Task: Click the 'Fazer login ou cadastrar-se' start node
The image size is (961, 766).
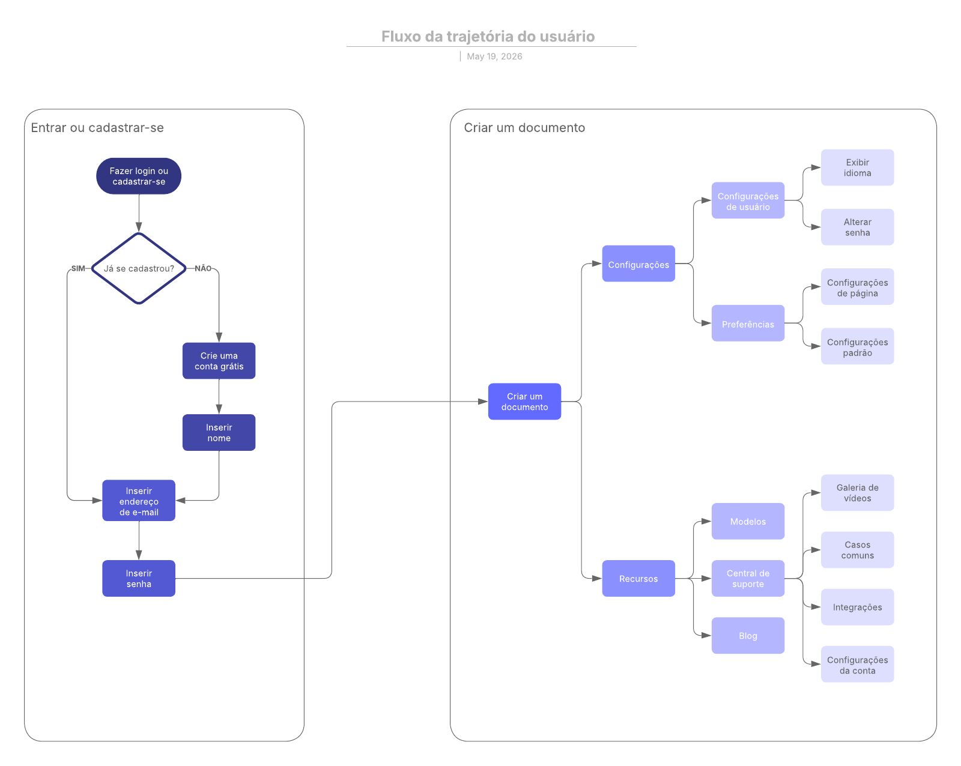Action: click(x=138, y=176)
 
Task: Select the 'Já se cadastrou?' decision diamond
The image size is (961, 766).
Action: click(x=138, y=268)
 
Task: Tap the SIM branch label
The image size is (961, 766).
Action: click(x=78, y=268)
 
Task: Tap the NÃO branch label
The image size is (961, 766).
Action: click(x=203, y=268)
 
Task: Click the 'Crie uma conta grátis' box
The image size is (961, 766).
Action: click(x=219, y=361)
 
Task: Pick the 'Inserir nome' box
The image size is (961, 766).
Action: click(x=219, y=432)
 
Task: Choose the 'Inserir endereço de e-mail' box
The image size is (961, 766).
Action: click(x=138, y=501)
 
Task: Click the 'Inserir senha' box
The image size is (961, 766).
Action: click(x=138, y=578)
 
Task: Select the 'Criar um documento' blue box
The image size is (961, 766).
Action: click(x=524, y=401)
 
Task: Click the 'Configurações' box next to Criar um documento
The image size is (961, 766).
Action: click(x=638, y=264)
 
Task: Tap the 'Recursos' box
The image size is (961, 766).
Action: click(x=638, y=578)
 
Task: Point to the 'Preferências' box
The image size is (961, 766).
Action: click(x=748, y=323)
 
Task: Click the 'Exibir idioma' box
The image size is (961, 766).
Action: click(x=857, y=167)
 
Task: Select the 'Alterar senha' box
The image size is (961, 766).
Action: click(x=857, y=227)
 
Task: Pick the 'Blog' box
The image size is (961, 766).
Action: click(x=748, y=635)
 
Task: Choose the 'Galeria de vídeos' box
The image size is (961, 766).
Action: click(x=857, y=492)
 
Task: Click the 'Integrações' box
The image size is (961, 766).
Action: click(x=857, y=607)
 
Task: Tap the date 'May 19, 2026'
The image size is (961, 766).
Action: click(x=494, y=56)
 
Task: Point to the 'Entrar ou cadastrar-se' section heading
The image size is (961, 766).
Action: click(x=97, y=128)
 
